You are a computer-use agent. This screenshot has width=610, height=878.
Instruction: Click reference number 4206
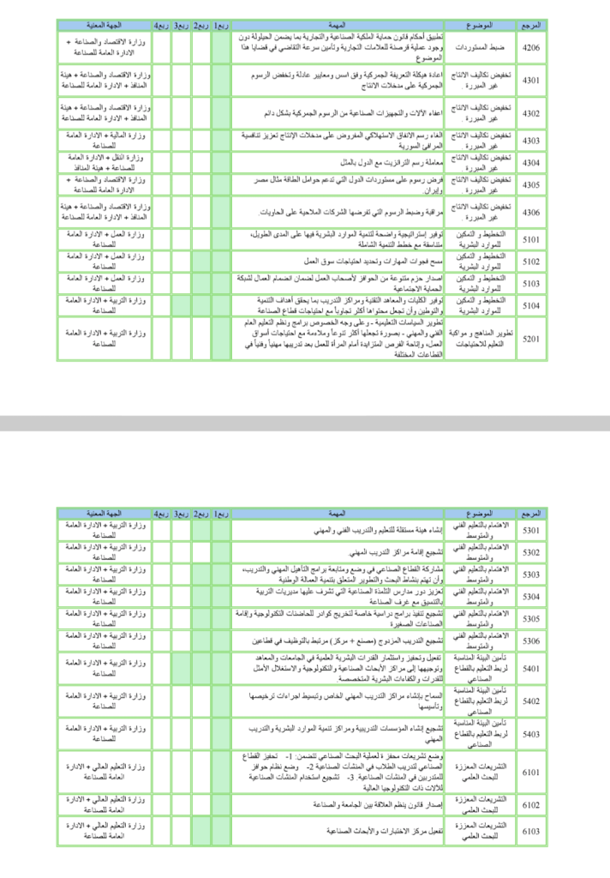pyautogui.click(x=531, y=49)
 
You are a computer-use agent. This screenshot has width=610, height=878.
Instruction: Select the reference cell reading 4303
pyautogui.click(x=531, y=140)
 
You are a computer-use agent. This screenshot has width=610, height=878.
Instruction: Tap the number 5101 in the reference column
pyautogui.click(x=531, y=240)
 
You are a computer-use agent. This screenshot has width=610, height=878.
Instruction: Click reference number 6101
pyautogui.click(x=531, y=773)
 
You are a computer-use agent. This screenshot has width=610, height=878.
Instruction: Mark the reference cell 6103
pyautogui.click(x=531, y=830)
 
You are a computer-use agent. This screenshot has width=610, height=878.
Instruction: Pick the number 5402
pyautogui.click(x=531, y=701)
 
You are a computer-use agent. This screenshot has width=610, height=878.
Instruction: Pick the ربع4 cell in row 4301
pyautogui.click(x=161, y=81)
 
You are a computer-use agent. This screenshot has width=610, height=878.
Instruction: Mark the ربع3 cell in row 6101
pyautogui.click(x=181, y=773)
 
